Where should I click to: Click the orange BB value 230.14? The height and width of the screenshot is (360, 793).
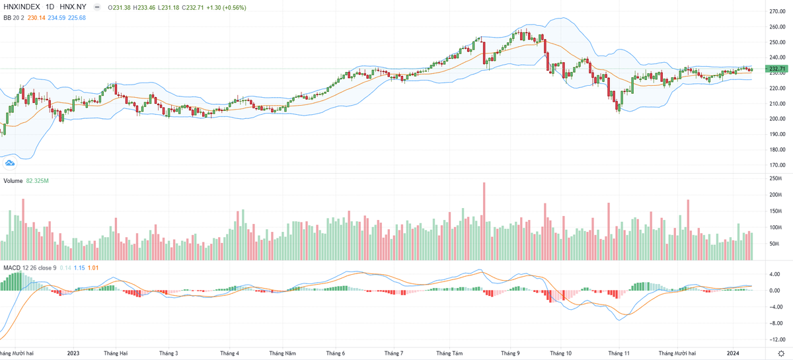(36, 17)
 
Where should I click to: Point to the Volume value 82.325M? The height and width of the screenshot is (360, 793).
(38, 180)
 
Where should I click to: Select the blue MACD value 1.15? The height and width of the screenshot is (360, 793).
(79, 268)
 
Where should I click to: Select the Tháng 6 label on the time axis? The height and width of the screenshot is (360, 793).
(336, 353)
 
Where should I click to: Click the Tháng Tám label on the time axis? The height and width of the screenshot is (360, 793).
(450, 353)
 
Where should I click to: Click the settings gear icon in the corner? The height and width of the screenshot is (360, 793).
(780, 354)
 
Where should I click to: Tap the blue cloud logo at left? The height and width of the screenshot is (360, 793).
(10, 163)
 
